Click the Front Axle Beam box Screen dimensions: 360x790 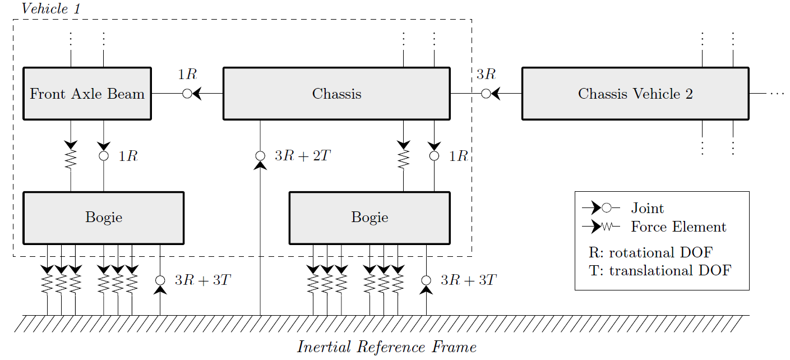tap(87, 94)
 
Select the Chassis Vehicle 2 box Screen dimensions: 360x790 tap(635, 94)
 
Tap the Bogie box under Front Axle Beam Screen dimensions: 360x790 tap(104, 218)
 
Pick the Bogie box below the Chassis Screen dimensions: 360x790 tap(369, 218)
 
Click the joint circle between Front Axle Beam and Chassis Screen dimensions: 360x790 tap(187, 94)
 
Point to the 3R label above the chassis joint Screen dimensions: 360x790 tap(486, 74)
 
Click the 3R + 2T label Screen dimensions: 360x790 tap(303, 156)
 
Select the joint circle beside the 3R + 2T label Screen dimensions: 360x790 tap(260, 156)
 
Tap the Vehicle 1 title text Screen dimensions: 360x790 tap(51, 8)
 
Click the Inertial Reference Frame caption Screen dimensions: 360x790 tap(387, 347)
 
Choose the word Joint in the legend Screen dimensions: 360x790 tap(647, 209)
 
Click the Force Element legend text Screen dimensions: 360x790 tap(678, 227)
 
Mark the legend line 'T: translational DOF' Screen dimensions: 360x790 tap(660, 271)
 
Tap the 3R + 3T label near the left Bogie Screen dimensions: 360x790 tap(202, 280)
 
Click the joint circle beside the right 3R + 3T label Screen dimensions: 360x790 tap(426, 280)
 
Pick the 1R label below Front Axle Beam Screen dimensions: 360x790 tap(128, 156)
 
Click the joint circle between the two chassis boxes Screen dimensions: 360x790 tap(486, 94)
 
